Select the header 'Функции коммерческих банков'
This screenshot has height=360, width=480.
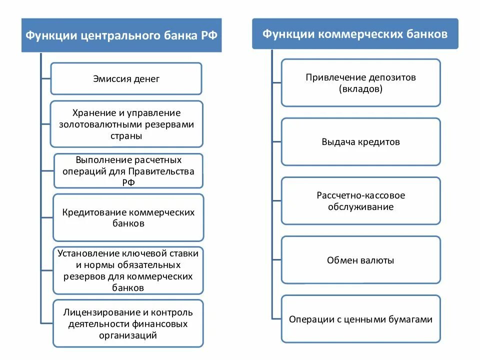click(x=355, y=34)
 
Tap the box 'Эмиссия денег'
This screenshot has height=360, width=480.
click(x=126, y=78)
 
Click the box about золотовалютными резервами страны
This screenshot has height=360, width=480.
click(x=126, y=124)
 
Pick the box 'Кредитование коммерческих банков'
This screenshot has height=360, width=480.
click(x=128, y=217)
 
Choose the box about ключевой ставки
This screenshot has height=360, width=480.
click(x=128, y=270)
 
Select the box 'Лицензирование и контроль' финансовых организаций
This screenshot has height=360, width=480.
click(x=128, y=323)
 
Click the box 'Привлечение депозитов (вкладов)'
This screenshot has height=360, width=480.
click(x=360, y=83)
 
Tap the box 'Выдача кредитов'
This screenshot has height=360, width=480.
click(x=360, y=141)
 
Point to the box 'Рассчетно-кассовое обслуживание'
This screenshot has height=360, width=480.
click(x=360, y=200)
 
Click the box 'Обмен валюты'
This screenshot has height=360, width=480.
click(x=360, y=260)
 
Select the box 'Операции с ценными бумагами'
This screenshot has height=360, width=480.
click(x=360, y=319)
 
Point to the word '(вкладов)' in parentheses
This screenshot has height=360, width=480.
click(x=360, y=89)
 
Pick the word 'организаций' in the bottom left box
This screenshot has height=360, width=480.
click(x=128, y=335)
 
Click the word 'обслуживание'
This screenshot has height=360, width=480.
click(x=360, y=206)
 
